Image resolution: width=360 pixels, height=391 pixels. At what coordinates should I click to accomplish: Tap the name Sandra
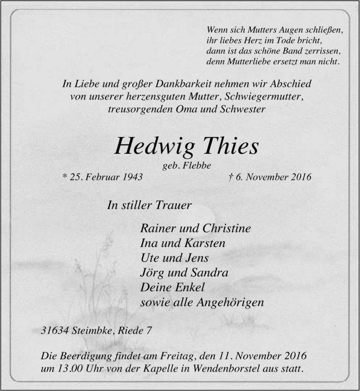click(211, 273)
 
